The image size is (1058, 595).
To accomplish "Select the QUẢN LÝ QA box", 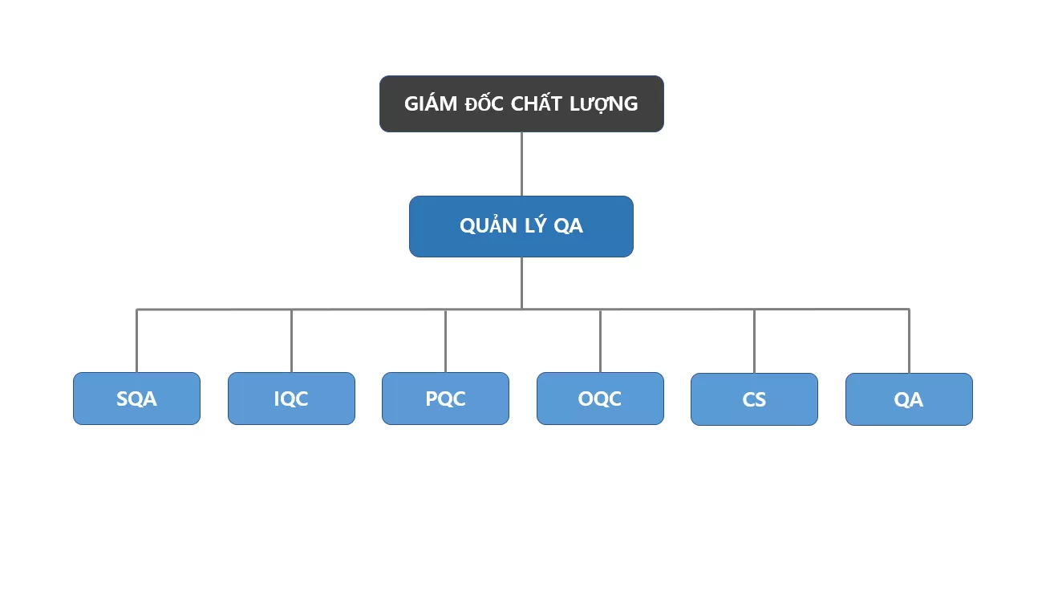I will [521, 227].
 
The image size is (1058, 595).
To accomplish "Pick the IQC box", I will [291, 399].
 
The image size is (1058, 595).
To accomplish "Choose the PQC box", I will [445, 399].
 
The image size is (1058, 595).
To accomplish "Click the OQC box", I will [600, 399].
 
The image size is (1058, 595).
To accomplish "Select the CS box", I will [754, 399].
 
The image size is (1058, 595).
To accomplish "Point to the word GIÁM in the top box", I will [430, 103].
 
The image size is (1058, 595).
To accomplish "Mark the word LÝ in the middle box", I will [536, 226].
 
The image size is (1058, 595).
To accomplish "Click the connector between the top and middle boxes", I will [521, 164].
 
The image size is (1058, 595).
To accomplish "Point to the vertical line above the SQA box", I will [136, 341].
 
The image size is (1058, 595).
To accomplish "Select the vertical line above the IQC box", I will [291, 341].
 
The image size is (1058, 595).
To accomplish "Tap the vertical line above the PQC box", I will [445, 341].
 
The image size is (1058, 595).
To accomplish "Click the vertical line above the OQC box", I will [600, 341].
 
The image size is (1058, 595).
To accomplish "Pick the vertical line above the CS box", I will [754, 341].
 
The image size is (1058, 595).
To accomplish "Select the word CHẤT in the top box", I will [541, 103].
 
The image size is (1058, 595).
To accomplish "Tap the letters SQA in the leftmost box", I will [136, 399].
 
